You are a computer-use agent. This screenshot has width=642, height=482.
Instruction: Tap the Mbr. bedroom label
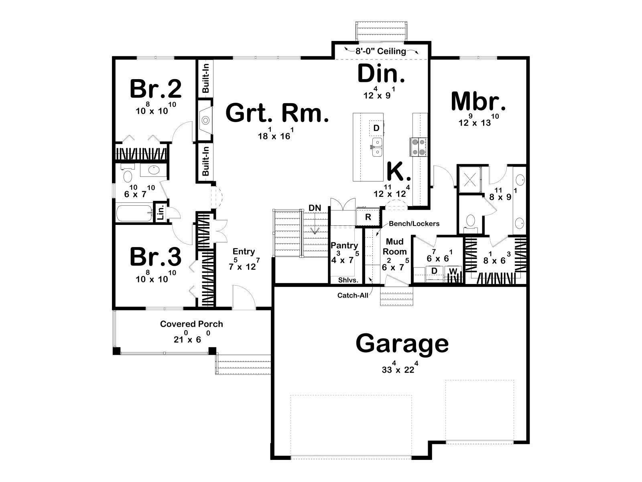[x=479, y=101]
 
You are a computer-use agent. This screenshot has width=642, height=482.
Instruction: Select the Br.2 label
[x=156, y=89]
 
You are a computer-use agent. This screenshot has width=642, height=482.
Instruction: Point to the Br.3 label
[x=156, y=256]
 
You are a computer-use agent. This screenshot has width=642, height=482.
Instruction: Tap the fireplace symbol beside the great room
[x=205, y=120]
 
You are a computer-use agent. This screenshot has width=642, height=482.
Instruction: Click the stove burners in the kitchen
[x=418, y=147]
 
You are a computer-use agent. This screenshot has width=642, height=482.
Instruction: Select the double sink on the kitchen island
[x=377, y=147]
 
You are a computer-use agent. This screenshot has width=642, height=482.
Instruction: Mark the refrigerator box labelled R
[x=368, y=217]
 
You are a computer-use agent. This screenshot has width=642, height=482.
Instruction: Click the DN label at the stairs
[x=315, y=208]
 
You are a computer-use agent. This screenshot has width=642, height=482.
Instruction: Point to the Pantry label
[x=344, y=245]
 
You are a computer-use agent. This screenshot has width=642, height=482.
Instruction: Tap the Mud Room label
[x=394, y=246]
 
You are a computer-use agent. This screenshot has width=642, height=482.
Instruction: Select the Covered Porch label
[x=191, y=324]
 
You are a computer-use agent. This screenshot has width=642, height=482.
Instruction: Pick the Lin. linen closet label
[x=160, y=212]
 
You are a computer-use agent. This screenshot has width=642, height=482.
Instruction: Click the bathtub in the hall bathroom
[x=134, y=213]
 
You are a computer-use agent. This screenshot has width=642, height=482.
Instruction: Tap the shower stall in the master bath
[x=470, y=180]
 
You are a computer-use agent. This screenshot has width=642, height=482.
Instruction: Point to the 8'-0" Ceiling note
[x=381, y=51]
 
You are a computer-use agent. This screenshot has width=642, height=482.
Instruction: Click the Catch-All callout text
[x=353, y=295]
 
